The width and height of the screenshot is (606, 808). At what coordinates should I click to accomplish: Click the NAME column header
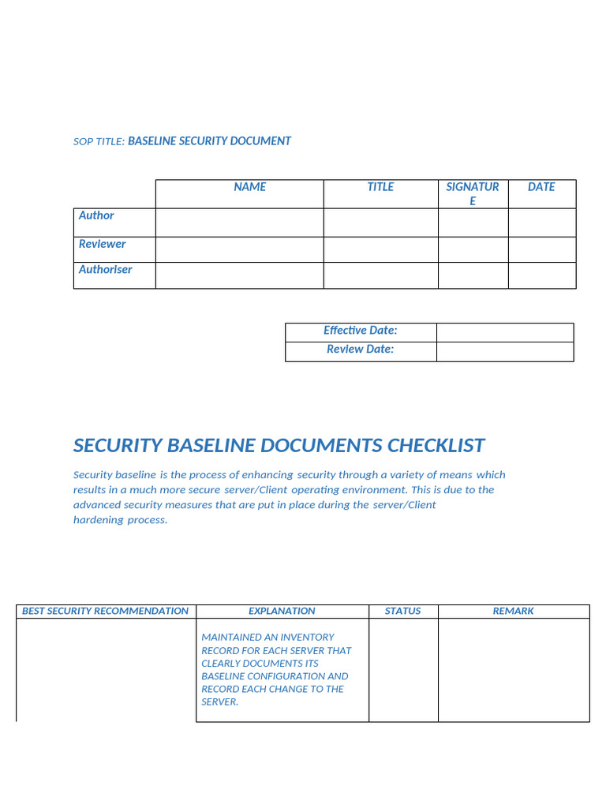click(249, 187)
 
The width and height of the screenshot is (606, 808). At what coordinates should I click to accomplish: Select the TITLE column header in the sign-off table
click(380, 187)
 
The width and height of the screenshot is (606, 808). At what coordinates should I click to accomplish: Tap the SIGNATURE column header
click(473, 193)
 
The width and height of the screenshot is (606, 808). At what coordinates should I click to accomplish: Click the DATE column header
click(541, 187)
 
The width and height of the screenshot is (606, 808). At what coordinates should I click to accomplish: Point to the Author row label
click(96, 215)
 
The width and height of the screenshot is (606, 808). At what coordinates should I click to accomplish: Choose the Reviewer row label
click(102, 244)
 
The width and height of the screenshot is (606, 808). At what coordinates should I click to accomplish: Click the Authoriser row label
click(105, 270)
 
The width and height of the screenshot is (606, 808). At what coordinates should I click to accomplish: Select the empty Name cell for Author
click(239, 223)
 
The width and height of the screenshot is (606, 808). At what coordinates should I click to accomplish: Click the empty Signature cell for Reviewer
click(473, 249)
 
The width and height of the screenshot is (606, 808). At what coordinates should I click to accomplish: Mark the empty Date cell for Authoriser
click(541, 275)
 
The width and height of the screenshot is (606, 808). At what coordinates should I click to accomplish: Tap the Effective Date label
click(360, 331)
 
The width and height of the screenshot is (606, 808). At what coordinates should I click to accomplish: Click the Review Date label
click(360, 350)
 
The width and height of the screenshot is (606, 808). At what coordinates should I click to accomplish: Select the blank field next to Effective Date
click(504, 332)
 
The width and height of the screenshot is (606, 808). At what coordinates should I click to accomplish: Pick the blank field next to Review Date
click(504, 352)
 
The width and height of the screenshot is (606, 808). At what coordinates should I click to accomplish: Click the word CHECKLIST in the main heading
click(436, 446)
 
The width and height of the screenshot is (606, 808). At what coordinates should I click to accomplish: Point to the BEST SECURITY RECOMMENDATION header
click(105, 611)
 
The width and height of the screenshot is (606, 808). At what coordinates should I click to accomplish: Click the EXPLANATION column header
click(282, 611)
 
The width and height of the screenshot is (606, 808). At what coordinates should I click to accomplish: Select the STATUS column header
click(402, 611)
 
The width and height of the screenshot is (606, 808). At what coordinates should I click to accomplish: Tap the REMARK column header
click(513, 611)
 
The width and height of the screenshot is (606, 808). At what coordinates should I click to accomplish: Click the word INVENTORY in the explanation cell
click(306, 638)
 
